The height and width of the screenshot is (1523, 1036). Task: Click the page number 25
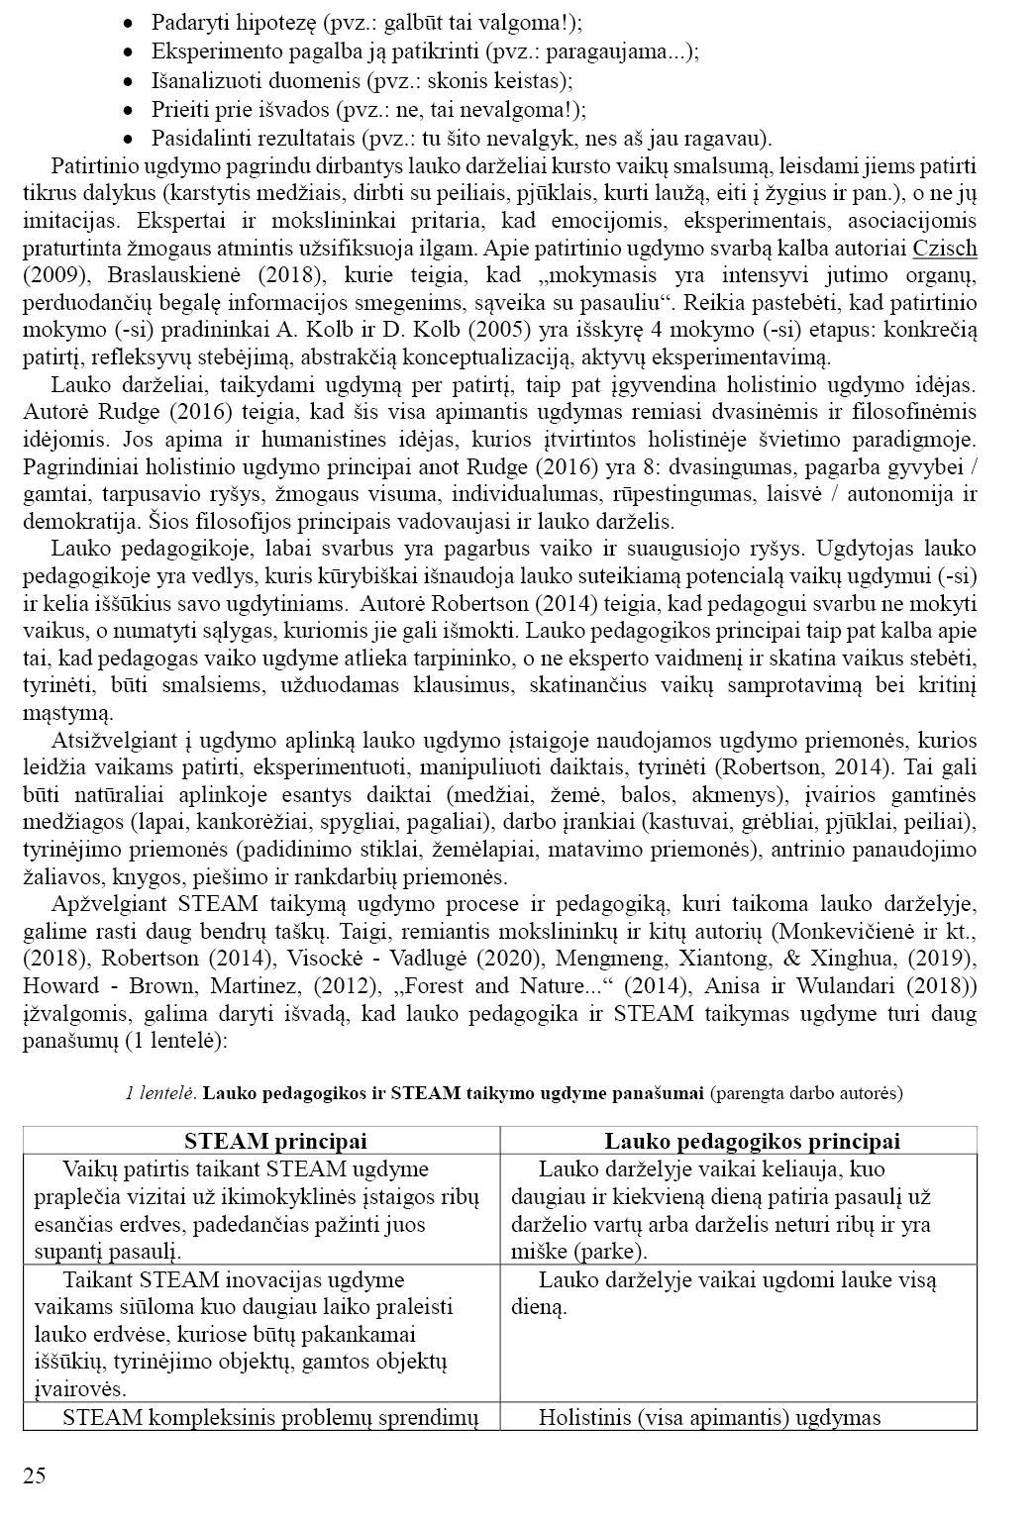click(34, 1476)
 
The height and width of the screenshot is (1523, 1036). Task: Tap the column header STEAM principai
click(261, 1141)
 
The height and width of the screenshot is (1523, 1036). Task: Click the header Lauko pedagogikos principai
click(738, 1141)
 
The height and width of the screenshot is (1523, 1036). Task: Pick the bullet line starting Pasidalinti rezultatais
click(462, 139)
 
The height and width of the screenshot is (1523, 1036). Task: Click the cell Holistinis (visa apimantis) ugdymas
click(709, 1418)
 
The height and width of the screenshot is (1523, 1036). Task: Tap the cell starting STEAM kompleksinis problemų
click(269, 1418)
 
